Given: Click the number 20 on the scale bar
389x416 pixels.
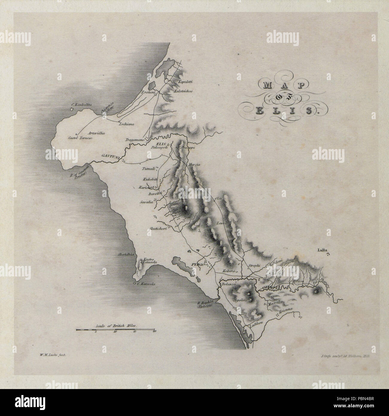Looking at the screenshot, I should coord(154,331).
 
